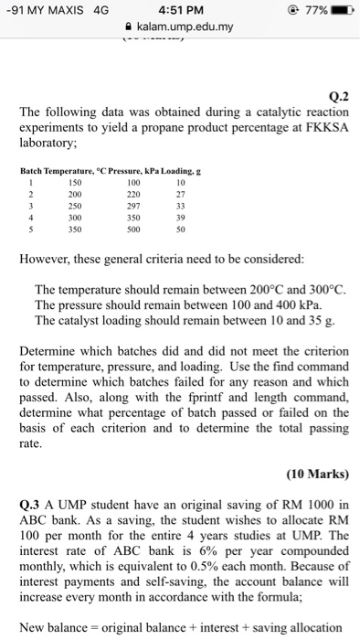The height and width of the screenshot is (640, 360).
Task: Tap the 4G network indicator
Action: tap(88, 12)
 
